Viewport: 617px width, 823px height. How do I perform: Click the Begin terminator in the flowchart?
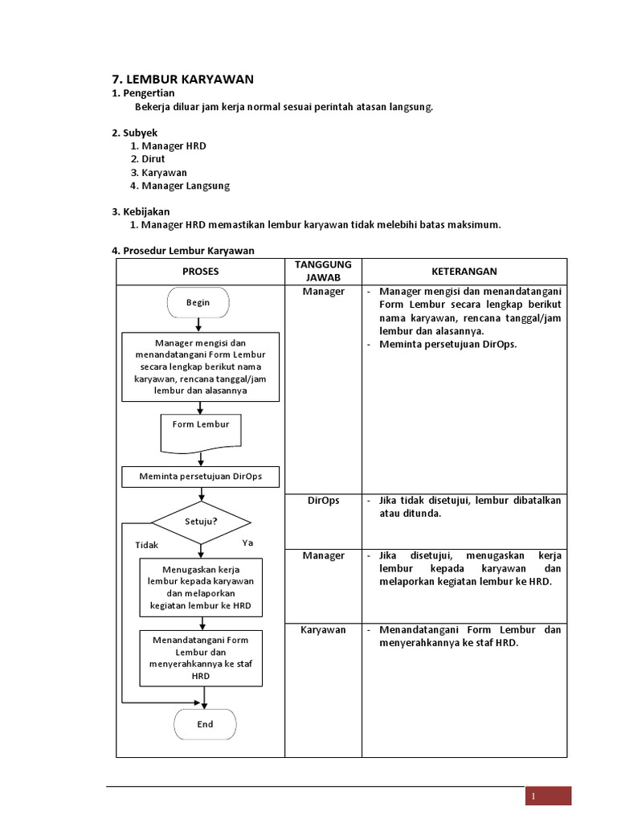point(198,302)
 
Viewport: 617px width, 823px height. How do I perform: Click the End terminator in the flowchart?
point(205,724)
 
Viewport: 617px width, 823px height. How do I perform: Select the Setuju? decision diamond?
point(202,521)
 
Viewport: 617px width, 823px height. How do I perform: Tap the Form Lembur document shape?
point(201,431)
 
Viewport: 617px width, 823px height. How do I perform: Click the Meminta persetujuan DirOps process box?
point(201,477)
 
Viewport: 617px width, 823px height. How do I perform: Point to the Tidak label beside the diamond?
point(147,545)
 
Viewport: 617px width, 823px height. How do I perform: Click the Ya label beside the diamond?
point(247,543)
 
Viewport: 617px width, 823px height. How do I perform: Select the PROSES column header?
point(200,272)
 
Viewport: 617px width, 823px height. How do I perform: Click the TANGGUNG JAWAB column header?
point(323,271)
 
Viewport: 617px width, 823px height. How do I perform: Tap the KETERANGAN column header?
point(464,272)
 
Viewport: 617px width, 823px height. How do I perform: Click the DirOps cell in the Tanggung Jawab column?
point(323,500)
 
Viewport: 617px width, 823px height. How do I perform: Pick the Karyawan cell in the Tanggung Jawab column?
point(323,629)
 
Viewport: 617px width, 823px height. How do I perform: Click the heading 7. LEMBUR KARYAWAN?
point(182,79)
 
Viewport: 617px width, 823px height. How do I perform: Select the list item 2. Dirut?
point(147,159)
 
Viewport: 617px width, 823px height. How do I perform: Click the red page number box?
point(548,796)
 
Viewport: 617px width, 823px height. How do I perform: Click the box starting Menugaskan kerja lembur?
point(202,588)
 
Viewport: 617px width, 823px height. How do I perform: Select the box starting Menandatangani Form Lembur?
point(201,657)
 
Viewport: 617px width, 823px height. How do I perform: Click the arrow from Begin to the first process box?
point(198,325)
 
